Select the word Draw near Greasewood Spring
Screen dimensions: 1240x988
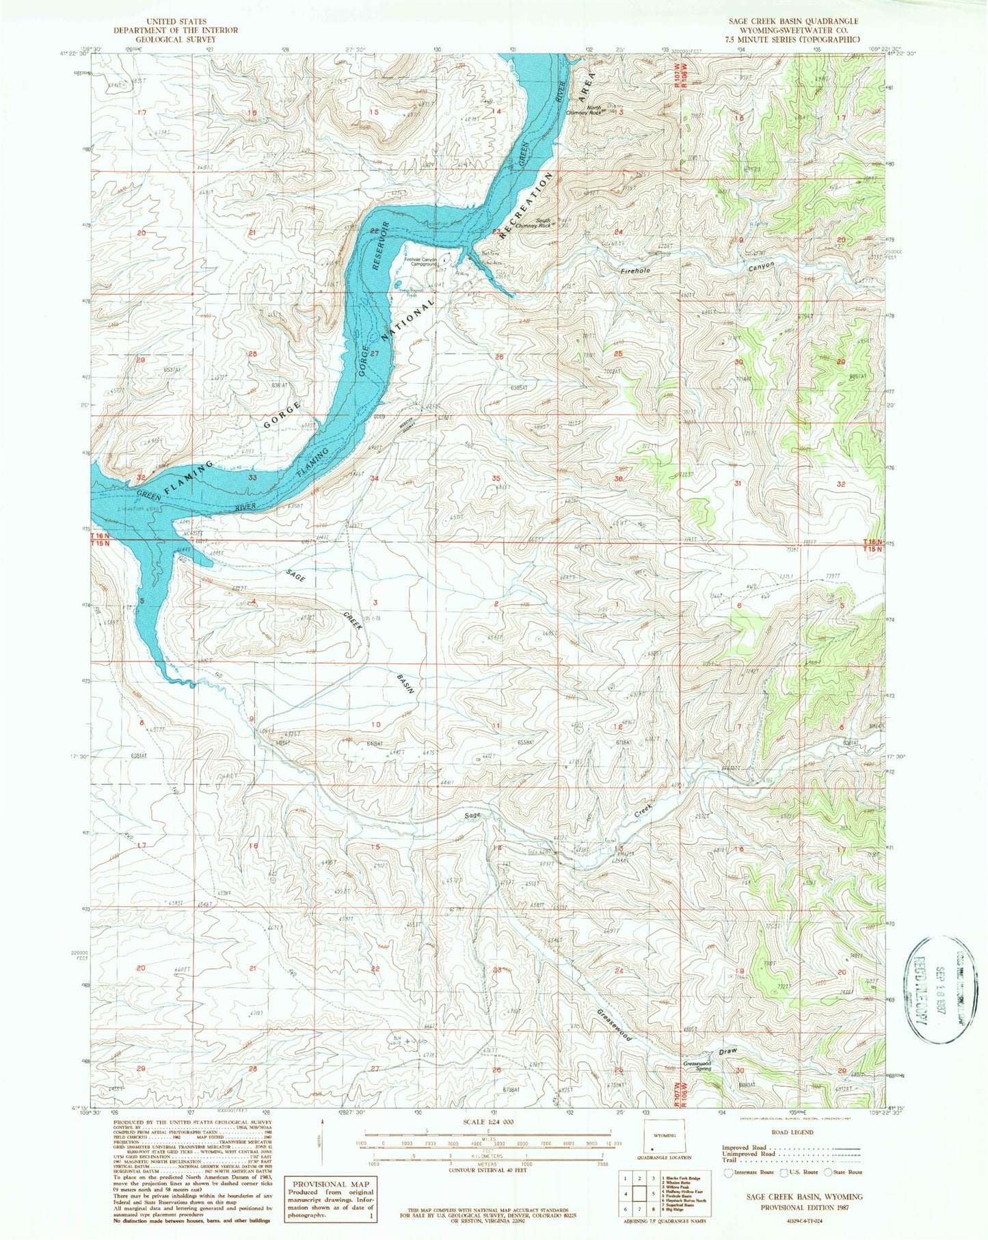coord(727,1051)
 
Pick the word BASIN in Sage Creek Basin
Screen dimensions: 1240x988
coord(406,684)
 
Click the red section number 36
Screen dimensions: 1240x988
coord(619,479)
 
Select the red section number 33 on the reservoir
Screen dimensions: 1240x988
coord(252,477)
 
